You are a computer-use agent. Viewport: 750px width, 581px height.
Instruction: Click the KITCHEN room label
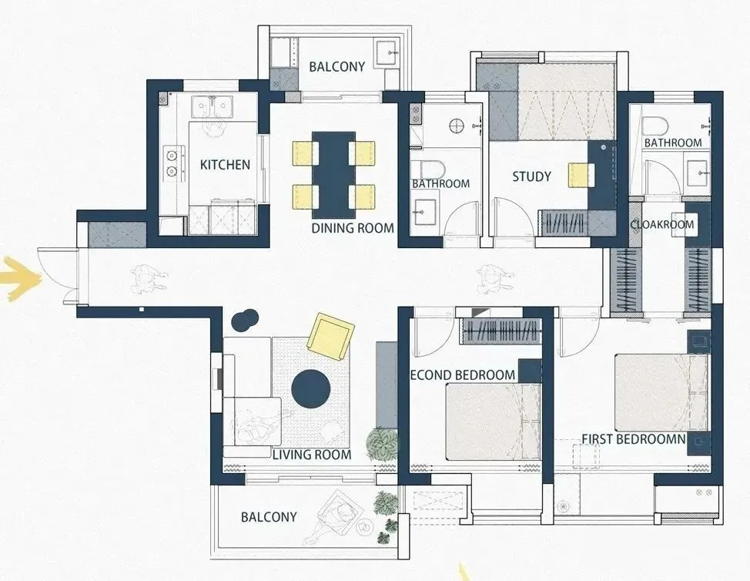[225, 165]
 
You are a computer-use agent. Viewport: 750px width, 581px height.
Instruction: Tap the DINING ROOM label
[353, 228]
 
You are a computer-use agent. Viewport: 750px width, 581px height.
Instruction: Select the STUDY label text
[531, 176]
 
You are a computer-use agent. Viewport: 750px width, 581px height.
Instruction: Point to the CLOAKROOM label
[662, 224]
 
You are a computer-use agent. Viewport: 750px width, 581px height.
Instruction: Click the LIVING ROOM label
[312, 455]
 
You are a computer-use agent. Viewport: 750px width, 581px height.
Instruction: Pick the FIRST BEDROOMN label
[634, 439]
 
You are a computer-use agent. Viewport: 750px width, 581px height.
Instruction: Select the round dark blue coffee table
[311, 389]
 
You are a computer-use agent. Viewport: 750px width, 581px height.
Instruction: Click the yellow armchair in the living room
[331, 337]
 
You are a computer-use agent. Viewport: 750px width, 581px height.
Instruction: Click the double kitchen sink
[212, 107]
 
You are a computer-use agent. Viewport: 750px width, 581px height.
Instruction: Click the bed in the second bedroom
[493, 421]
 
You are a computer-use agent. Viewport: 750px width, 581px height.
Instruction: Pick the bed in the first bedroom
[661, 392]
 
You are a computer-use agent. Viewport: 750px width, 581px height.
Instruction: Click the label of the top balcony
[336, 66]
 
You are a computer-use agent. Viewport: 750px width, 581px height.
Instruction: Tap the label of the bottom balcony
[269, 517]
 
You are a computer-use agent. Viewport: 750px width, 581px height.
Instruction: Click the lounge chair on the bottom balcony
[335, 516]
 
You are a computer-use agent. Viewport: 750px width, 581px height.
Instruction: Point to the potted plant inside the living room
[382, 444]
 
